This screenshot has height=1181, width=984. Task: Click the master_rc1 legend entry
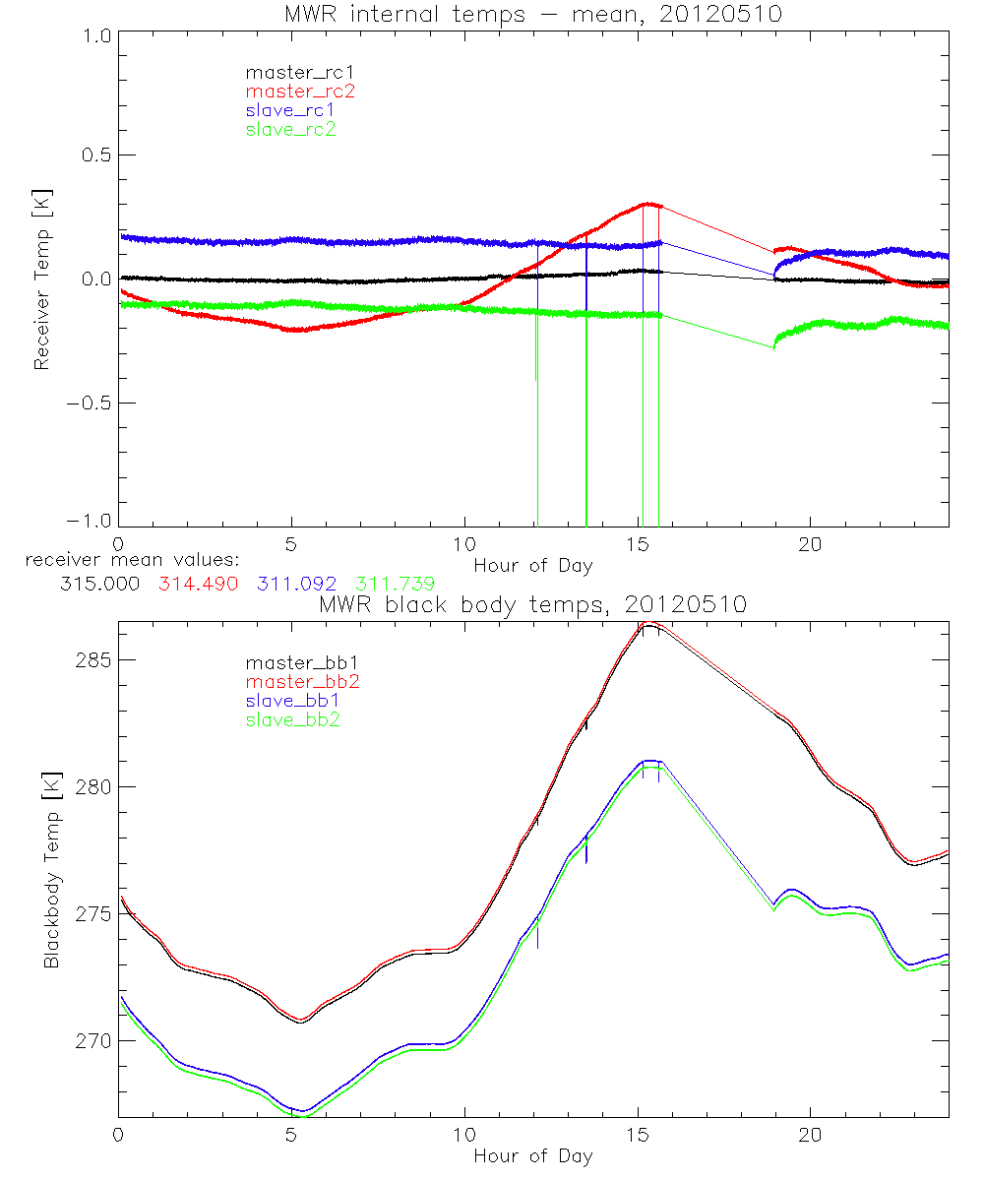point(290,72)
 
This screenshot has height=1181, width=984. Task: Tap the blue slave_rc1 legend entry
point(290,109)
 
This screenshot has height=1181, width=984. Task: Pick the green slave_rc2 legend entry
point(290,129)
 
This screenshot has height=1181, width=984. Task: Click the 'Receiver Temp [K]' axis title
point(41,279)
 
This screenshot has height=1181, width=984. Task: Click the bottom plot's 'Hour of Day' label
point(533,1156)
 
